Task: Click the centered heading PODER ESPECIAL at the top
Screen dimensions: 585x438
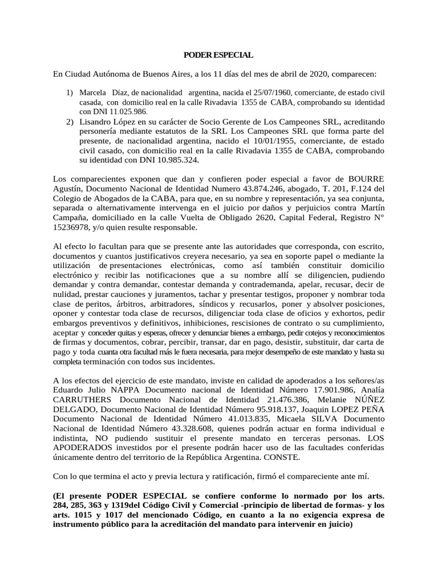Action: click(218, 55)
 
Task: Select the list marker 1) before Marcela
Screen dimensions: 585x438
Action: click(70, 93)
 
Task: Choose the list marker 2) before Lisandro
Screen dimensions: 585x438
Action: click(70, 122)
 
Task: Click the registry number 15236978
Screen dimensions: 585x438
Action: click(71, 227)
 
